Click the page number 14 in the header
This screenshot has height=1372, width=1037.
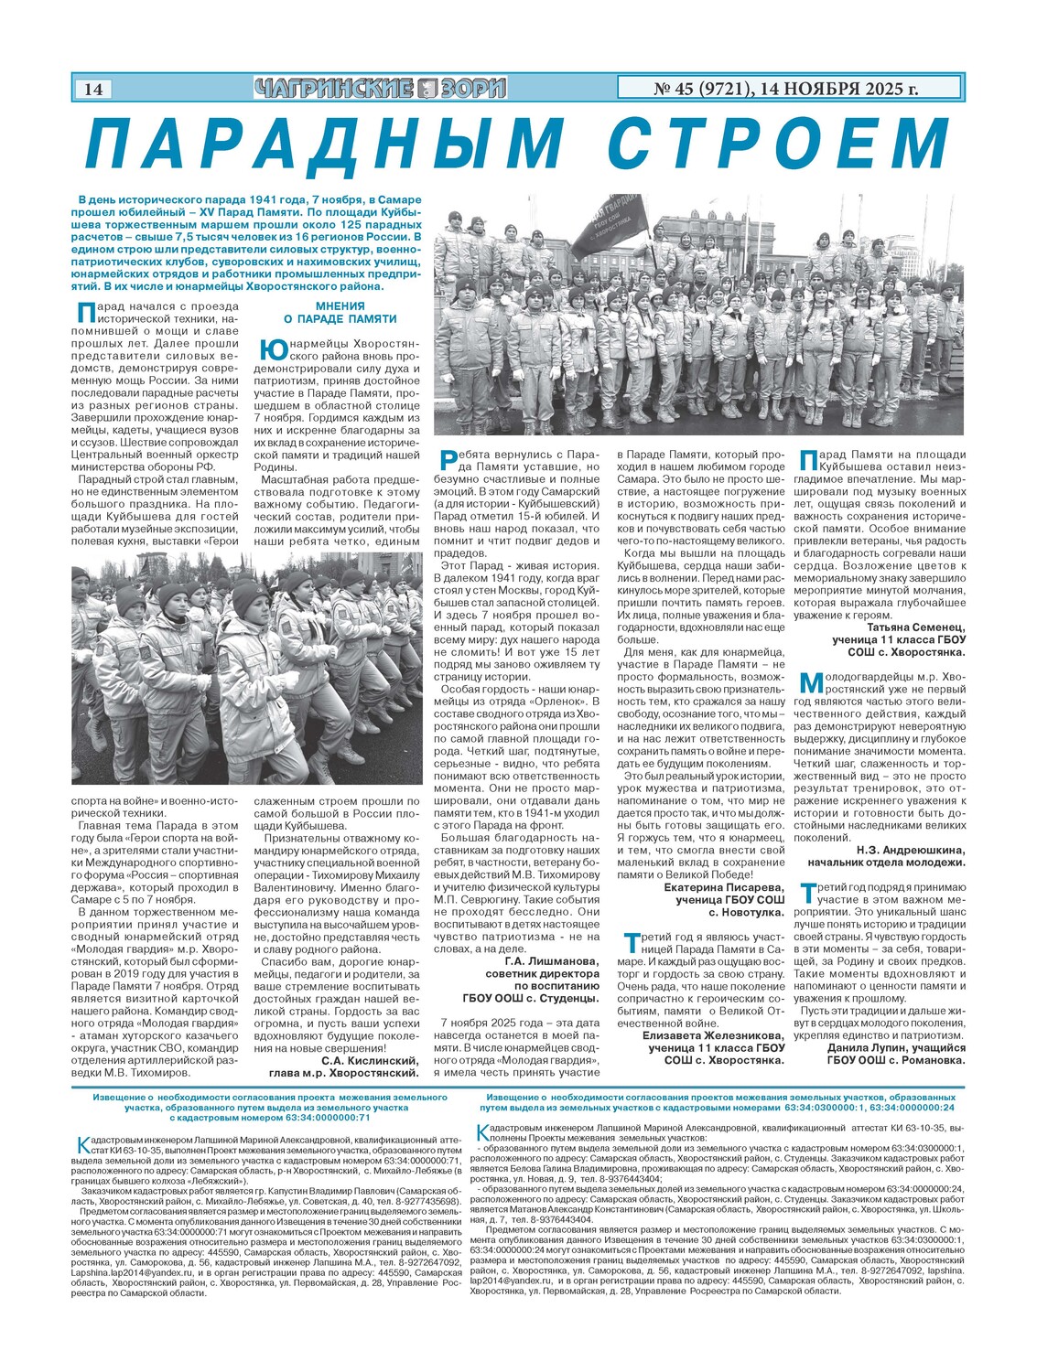pos(92,89)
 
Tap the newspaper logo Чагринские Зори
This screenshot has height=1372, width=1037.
pos(380,89)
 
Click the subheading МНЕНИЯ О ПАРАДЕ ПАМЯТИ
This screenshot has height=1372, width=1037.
pos(340,313)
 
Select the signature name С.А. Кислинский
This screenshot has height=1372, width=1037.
pos(371,1061)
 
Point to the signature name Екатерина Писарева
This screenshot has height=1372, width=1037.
pos(724,887)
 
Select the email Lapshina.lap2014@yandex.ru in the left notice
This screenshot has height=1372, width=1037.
pos(125,1272)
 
